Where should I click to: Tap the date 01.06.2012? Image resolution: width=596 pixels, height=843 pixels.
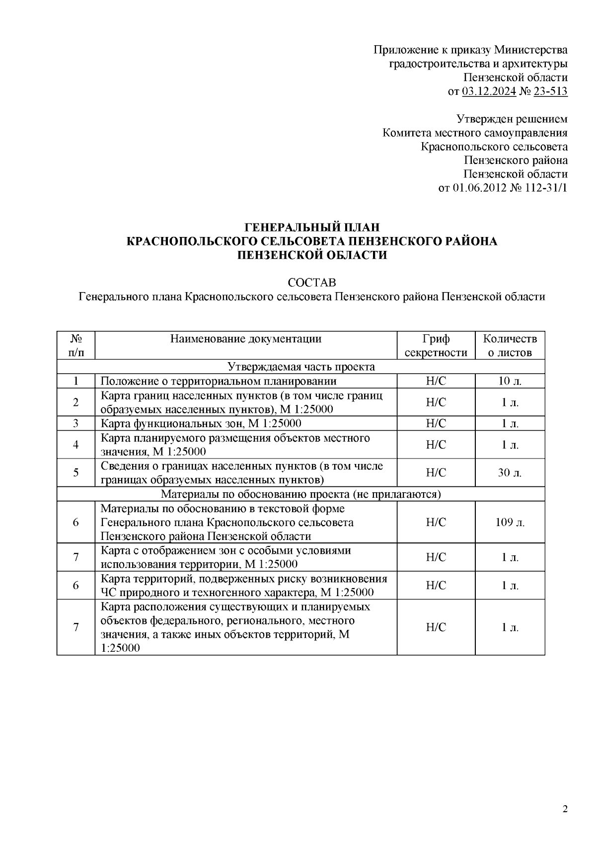[479, 188]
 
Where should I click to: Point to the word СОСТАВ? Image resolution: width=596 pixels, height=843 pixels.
[312, 283]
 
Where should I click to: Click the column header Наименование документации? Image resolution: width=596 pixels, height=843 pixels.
[246, 339]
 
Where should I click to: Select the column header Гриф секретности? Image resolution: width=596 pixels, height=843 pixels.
[436, 346]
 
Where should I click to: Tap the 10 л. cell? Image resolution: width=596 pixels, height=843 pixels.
[510, 381]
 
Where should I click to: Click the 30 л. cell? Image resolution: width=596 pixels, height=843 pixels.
[510, 472]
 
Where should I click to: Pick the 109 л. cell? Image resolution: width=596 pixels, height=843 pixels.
[510, 522]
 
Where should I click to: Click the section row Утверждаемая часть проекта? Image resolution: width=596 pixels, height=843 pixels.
[301, 367]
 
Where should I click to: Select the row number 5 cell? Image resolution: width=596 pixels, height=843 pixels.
[76, 472]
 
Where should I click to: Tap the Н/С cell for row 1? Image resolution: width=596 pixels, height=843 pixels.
[436, 381]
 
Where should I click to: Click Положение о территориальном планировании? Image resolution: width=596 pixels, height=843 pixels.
[219, 381]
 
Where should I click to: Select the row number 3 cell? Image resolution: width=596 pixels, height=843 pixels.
[76, 423]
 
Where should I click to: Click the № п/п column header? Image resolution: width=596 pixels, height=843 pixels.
[76, 346]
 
